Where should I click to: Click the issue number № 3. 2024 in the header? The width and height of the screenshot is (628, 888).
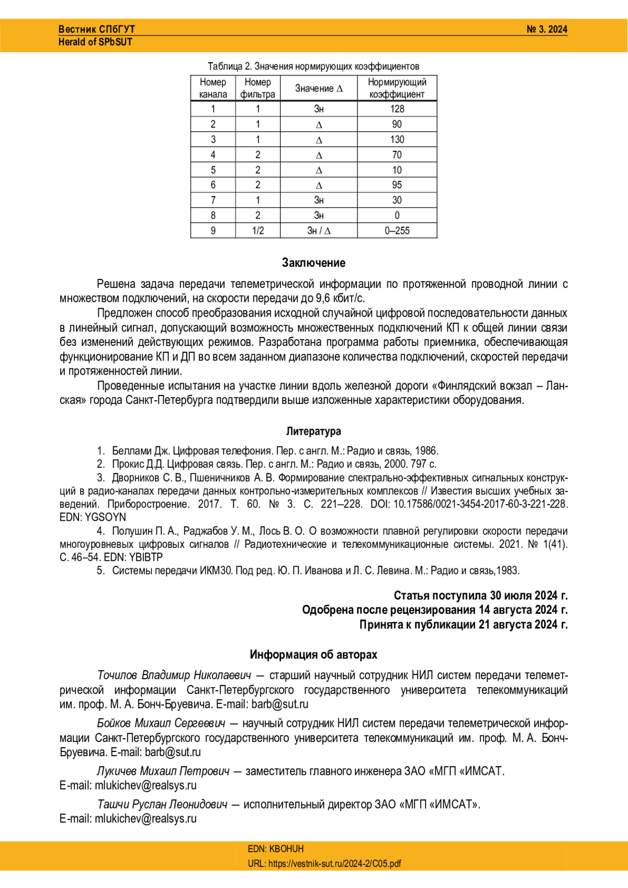pyautogui.click(x=546, y=29)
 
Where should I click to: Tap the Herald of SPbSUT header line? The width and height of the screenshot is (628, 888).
pyautogui.click(x=95, y=42)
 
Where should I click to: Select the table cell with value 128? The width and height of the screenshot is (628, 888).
pyautogui.click(x=397, y=109)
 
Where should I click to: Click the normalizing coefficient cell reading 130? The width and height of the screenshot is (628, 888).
pyautogui.click(x=397, y=140)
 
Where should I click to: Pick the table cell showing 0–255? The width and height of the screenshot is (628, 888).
pyautogui.click(x=397, y=231)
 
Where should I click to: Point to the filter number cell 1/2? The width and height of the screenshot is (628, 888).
pyautogui.click(x=257, y=231)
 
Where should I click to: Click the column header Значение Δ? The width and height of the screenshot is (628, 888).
pyautogui.click(x=319, y=88)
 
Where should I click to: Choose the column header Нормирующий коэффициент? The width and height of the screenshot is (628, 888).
pyautogui.click(x=397, y=88)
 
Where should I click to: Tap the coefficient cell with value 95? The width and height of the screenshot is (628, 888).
pyautogui.click(x=397, y=185)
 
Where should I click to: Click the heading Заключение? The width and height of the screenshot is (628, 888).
pyautogui.click(x=313, y=263)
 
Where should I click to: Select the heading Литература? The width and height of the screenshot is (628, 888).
pyautogui.click(x=313, y=431)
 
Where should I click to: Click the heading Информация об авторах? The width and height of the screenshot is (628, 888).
pyautogui.click(x=313, y=655)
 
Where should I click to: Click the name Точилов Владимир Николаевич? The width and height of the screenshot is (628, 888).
pyautogui.click(x=174, y=675)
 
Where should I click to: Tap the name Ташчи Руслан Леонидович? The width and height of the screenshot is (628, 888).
pyautogui.click(x=162, y=804)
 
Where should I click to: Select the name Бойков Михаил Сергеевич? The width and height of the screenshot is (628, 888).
pyautogui.click(x=161, y=723)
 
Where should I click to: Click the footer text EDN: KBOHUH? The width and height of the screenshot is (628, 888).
pyautogui.click(x=276, y=849)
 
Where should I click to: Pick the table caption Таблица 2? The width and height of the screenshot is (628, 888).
pyautogui.click(x=313, y=66)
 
